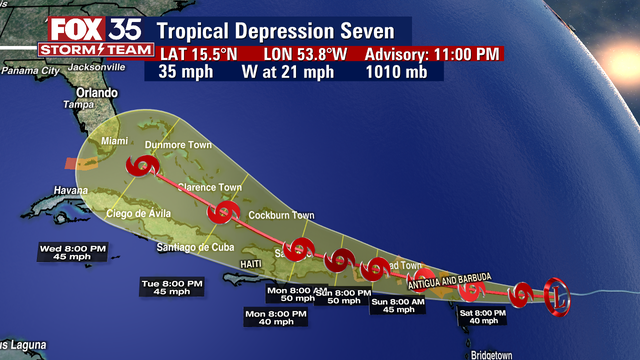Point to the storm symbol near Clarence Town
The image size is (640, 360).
[x=224, y=212]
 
